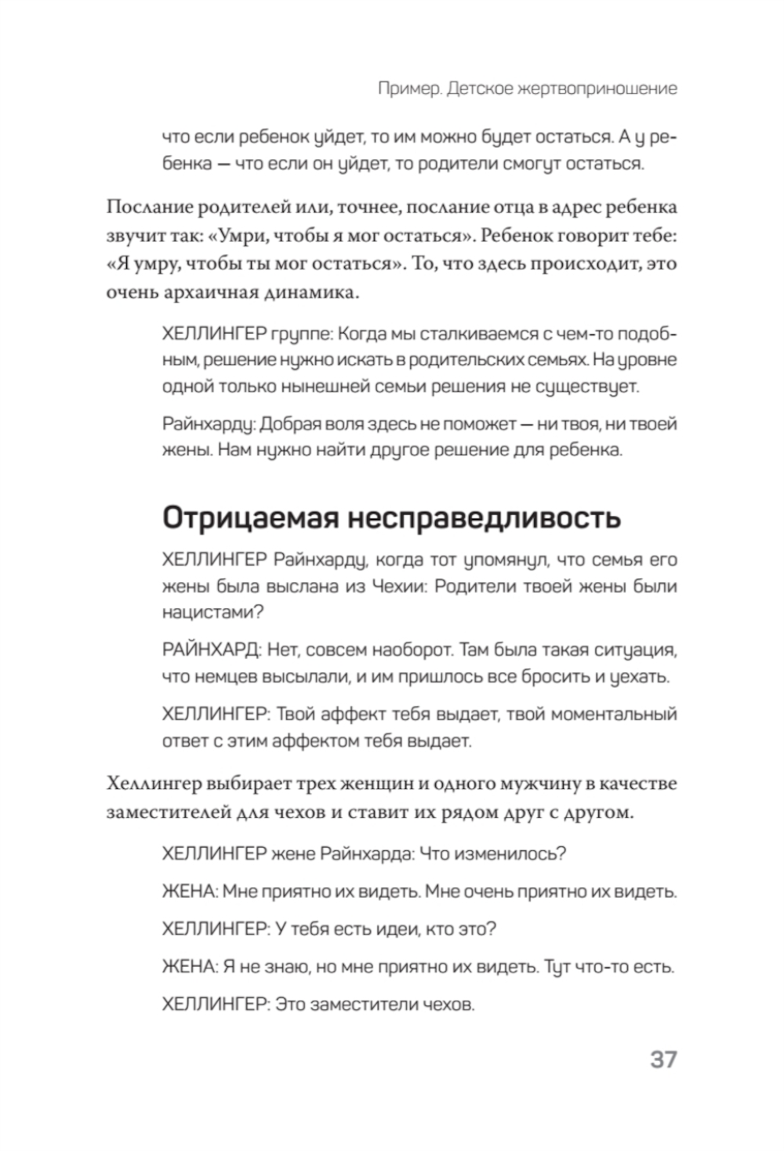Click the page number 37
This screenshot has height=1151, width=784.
coord(662,1059)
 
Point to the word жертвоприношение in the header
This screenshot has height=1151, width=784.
coord(597,89)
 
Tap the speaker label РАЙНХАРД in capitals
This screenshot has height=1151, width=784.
coord(210,650)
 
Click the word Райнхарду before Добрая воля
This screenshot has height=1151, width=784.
coord(209,424)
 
